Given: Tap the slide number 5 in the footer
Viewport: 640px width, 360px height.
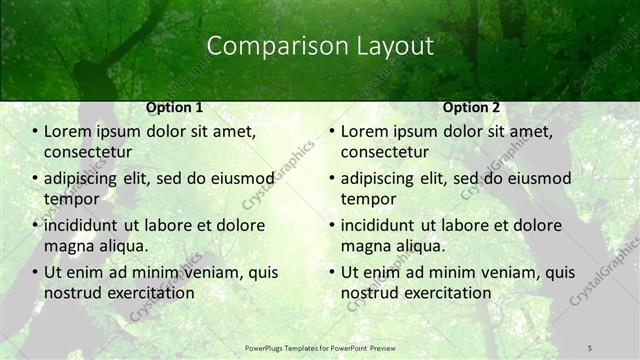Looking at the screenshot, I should coord(590,347).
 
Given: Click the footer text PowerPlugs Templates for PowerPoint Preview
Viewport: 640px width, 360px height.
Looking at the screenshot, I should coord(320,347).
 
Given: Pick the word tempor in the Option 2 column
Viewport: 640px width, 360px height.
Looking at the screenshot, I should coord(368,199).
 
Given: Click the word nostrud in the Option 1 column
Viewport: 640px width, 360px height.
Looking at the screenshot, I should coord(72,293).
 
